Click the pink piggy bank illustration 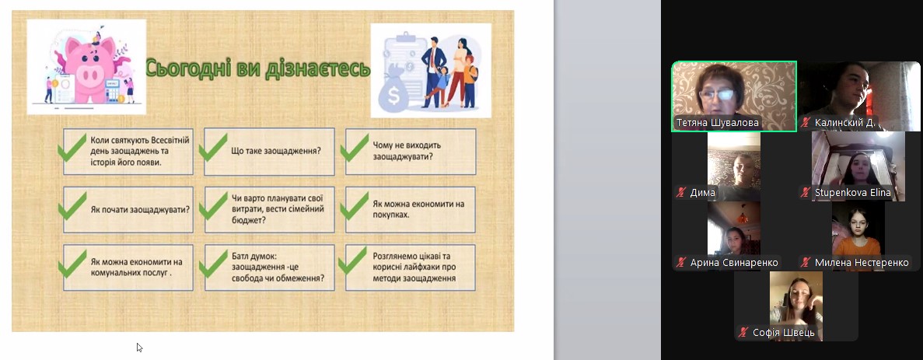tap(90, 68)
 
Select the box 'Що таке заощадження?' tap(270, 151)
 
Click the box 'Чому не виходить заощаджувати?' tap(411, 151)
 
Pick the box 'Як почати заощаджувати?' tap(128, 209)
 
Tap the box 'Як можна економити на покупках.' tap(411, 209)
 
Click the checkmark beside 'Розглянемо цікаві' tap(354, 262)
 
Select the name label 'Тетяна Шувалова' tap(717, 123)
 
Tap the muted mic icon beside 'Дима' tap(682, 193)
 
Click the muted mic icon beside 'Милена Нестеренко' tap(806, 262)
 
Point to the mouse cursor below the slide tap(139, 347)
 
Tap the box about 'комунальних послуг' tap(128, 267)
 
